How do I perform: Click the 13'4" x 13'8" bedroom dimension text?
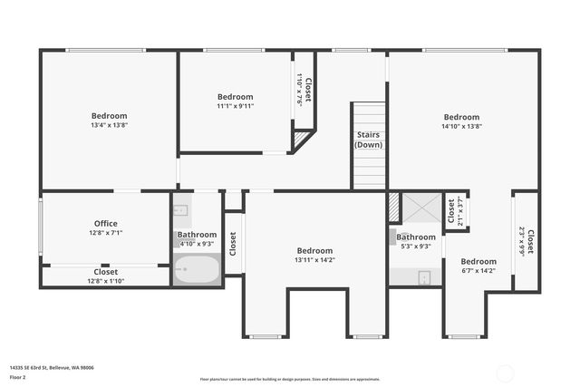pyautogui.click(x=109, y=126)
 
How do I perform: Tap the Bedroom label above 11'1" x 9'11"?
pyautogui.click(x=235, y=96)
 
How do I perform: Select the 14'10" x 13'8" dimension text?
pyautogui.click(x=461, y=126)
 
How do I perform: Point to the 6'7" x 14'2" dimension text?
pyautogui.click(x=478, y=270)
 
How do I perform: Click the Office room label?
pyautogui.click(x=106, y=223)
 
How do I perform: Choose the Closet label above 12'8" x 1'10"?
pyautogui.click(x=106, y=271)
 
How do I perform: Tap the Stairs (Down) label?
pyautogui.click(x=368, y=140)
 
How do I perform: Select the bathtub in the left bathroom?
pyautogui.click(x=197, y=270)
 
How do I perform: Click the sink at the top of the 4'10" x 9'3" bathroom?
pyautogui.click(x=180, y=210)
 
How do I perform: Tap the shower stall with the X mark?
pyautogui.click(x=420, y=208)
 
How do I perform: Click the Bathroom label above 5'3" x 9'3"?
pyautogui.click(x=416, y=237)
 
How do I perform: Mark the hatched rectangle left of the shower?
pyautogui.click(x=393, y=207)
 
